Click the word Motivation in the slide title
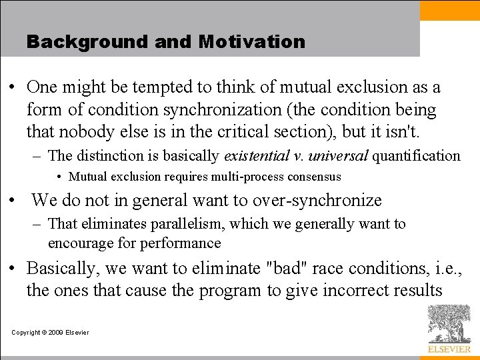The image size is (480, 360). click(x=251, y=41)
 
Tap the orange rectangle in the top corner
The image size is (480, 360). click(x=449, y=10)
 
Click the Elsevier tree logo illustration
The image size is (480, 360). click(x=449, y=324)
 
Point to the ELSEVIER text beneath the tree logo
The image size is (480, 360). click(x=449, y=349)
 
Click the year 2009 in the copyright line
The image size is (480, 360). click(x=57, y=333)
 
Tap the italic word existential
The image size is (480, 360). click(x=257, y=156)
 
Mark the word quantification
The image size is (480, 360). click(x=416, y=156)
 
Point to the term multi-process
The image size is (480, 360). click(x=247, y=177)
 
